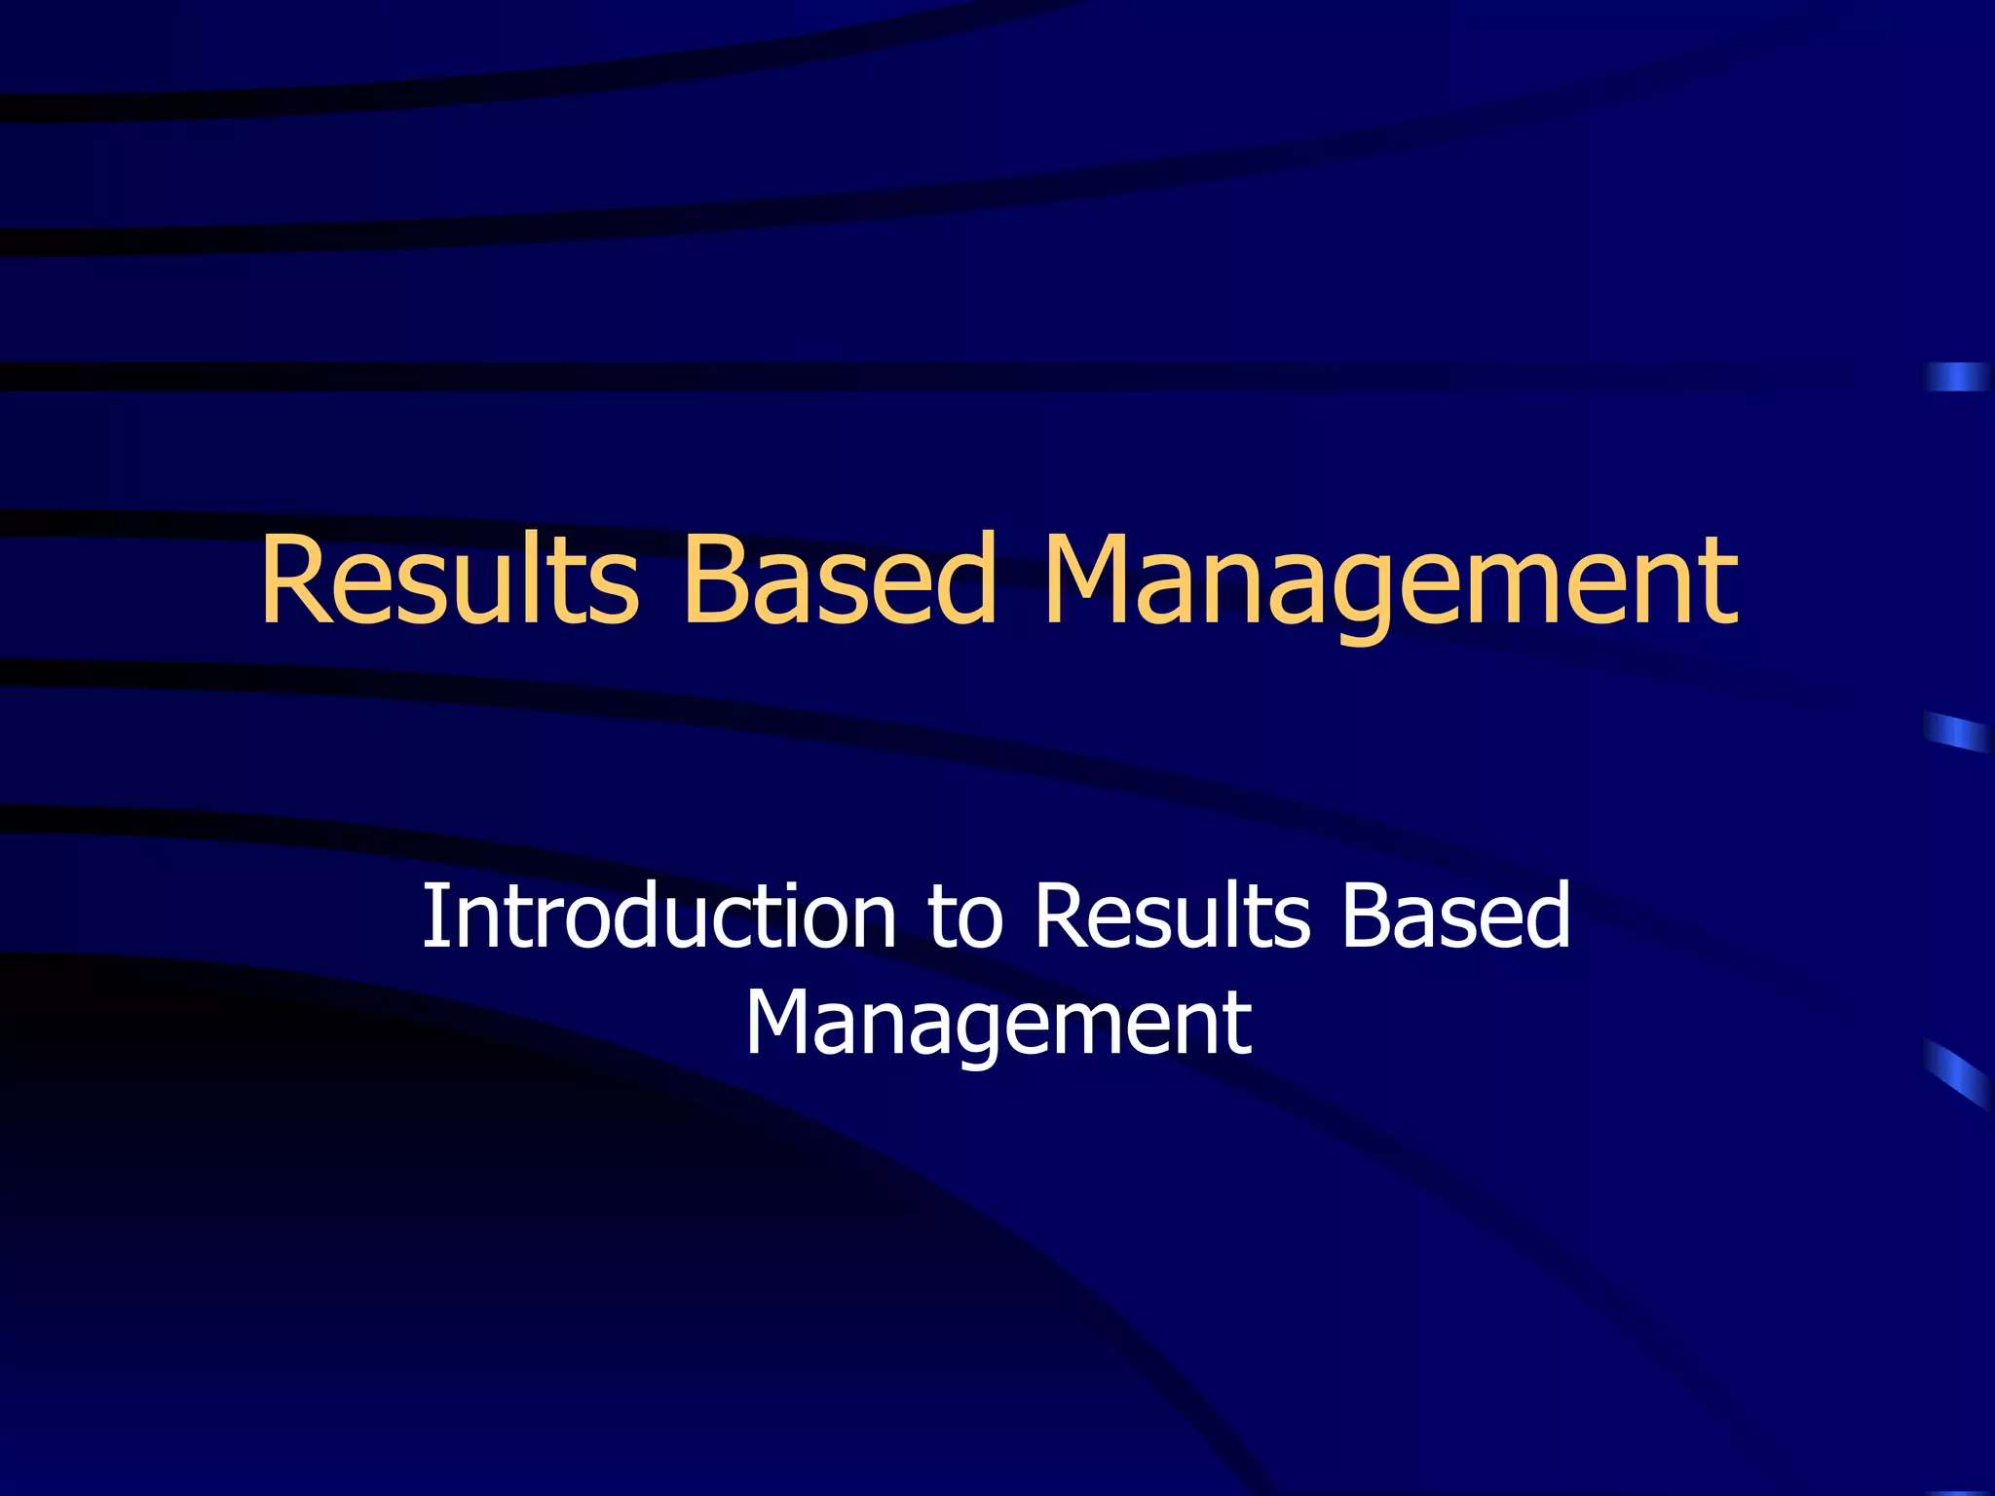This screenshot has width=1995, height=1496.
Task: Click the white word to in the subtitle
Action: pyautogui.click(x=965, y=917)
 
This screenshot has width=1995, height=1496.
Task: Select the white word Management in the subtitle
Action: pyautogui.click(x=998, y=1025)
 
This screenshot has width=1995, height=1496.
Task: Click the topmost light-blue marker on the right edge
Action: pyautogui.click(x=1955, y=376)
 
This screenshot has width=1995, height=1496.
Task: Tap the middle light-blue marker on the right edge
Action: pyautogui.click(x=1955, y=731)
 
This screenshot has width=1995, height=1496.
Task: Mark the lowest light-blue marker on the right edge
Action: pyautogui.click(x=1955, y=1073)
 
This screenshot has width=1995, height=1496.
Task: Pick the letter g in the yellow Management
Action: pyautogui.click(x=1377, y=596)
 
